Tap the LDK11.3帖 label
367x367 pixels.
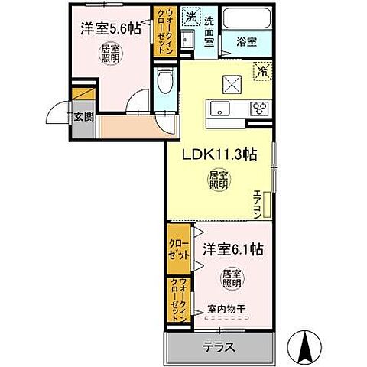(218, 154)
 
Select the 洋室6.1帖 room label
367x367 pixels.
(232, 248)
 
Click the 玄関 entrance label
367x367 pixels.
(84, 117)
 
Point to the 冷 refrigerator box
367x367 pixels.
(262, 69)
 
